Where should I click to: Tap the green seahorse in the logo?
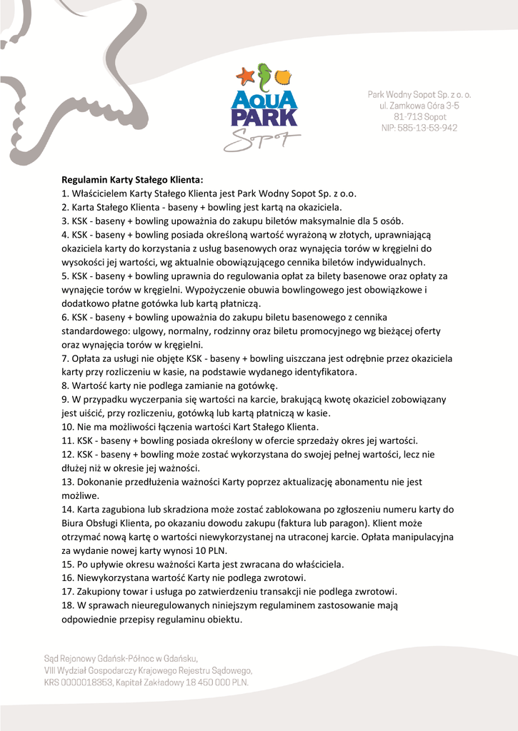[264, 76]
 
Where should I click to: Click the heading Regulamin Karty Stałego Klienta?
[132, 180]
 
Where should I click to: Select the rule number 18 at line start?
[67, 605]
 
